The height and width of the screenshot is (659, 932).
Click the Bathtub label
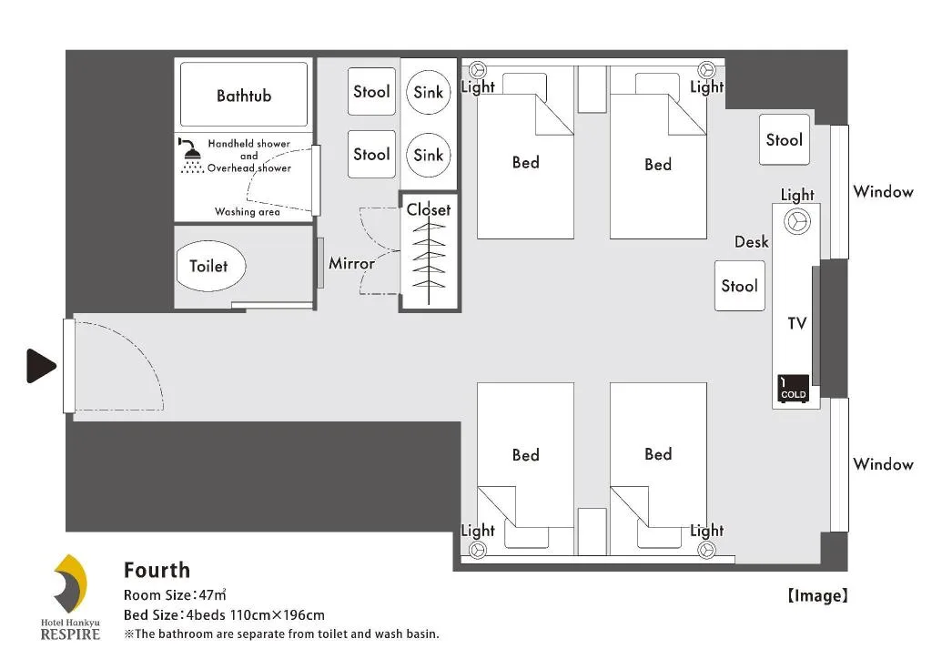[x=243, y=96]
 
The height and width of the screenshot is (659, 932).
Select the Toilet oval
[x=209, y=267]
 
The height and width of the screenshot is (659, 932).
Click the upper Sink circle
[x=428, y=92]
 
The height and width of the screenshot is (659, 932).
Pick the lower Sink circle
[x=428, y=155]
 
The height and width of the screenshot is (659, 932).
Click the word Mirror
[x=351, y=264]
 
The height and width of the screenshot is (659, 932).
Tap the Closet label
[x=428, y=209]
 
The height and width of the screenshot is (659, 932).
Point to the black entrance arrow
[x=42, y=366]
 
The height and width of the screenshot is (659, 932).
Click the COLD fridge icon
[x=793, y=389]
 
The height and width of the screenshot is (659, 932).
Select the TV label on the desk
[x=796, y=323]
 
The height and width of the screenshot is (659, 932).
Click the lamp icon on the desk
[x=796, y=221]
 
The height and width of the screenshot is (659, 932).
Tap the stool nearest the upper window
[x=784, y=139]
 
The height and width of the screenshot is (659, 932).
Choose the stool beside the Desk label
[x=739, y=286]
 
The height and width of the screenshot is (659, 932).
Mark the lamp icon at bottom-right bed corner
[x=705, y=549]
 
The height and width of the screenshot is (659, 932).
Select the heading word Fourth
[x=157, y=571]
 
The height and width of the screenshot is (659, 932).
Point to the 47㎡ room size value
[x=212, y=595]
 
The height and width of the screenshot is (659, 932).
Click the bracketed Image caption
[x=817, y=596]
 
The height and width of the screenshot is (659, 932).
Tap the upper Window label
[x=882, y=192]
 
